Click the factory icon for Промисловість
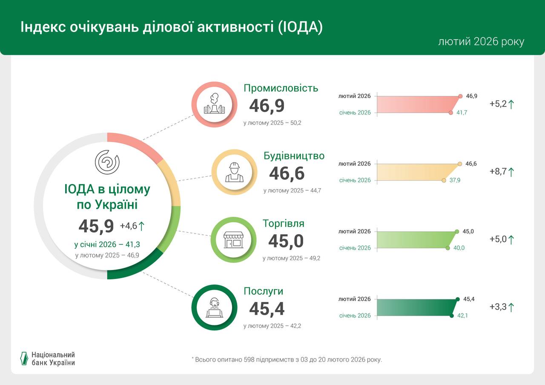[x=214, y=104]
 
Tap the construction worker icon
[x=234, y=172]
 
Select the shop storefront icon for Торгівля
[x=233, y=239]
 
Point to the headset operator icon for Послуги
[x=214, y=307]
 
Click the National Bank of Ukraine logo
[x=48, y=359]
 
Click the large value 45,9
[x=96, y=226]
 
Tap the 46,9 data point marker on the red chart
[x=460, y=96]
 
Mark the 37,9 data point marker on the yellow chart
[x=444, y=180]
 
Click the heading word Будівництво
[x=294, y=156]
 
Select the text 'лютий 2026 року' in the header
[x=481, y=42]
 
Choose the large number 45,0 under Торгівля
[x=286, y=241]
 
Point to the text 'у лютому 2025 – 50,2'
[x=272, y=123]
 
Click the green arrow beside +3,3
[x=511, y=307]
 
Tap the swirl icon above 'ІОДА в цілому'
[x=107, y=162]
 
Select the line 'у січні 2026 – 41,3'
[x=107, y=244]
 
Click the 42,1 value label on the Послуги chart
[x=462, y=316]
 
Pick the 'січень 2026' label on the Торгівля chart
[x=355, y=248]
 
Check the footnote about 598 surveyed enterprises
[x=287, y=359]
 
